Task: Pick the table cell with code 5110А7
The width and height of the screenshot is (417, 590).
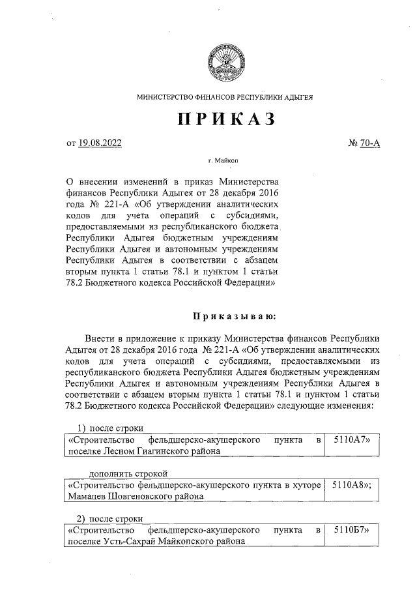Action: pyautogui.click(x=351, y=440)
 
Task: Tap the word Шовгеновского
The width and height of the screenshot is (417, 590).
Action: pyautogui.click(x=145, y=495)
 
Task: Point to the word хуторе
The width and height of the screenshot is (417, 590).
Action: pyautogui.click(x=304, y=485)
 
